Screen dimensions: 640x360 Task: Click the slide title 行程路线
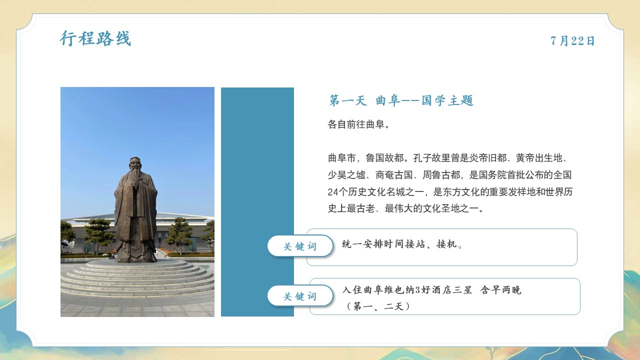coord(95,38)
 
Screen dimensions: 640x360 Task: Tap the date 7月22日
coord(572,41)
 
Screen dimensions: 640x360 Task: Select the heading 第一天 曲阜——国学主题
coord(401,100)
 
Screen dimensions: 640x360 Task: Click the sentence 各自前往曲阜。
coord(358,124)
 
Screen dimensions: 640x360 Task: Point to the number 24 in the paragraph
coord(333,192)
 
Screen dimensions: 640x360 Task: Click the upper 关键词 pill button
coord(300,246)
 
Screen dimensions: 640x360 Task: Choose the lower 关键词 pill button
coord(300,296)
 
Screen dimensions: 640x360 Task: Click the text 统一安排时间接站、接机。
coord(402,244)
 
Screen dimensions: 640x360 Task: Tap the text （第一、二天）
coord(378,306)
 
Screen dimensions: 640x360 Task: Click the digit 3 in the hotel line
coord(417,290)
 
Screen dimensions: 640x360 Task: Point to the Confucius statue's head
coord(135,163)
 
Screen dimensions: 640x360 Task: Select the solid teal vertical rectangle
coord(257,201)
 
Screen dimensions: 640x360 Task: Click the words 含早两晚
coord(501,290)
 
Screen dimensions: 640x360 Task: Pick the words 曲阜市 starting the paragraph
coord(341,158)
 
